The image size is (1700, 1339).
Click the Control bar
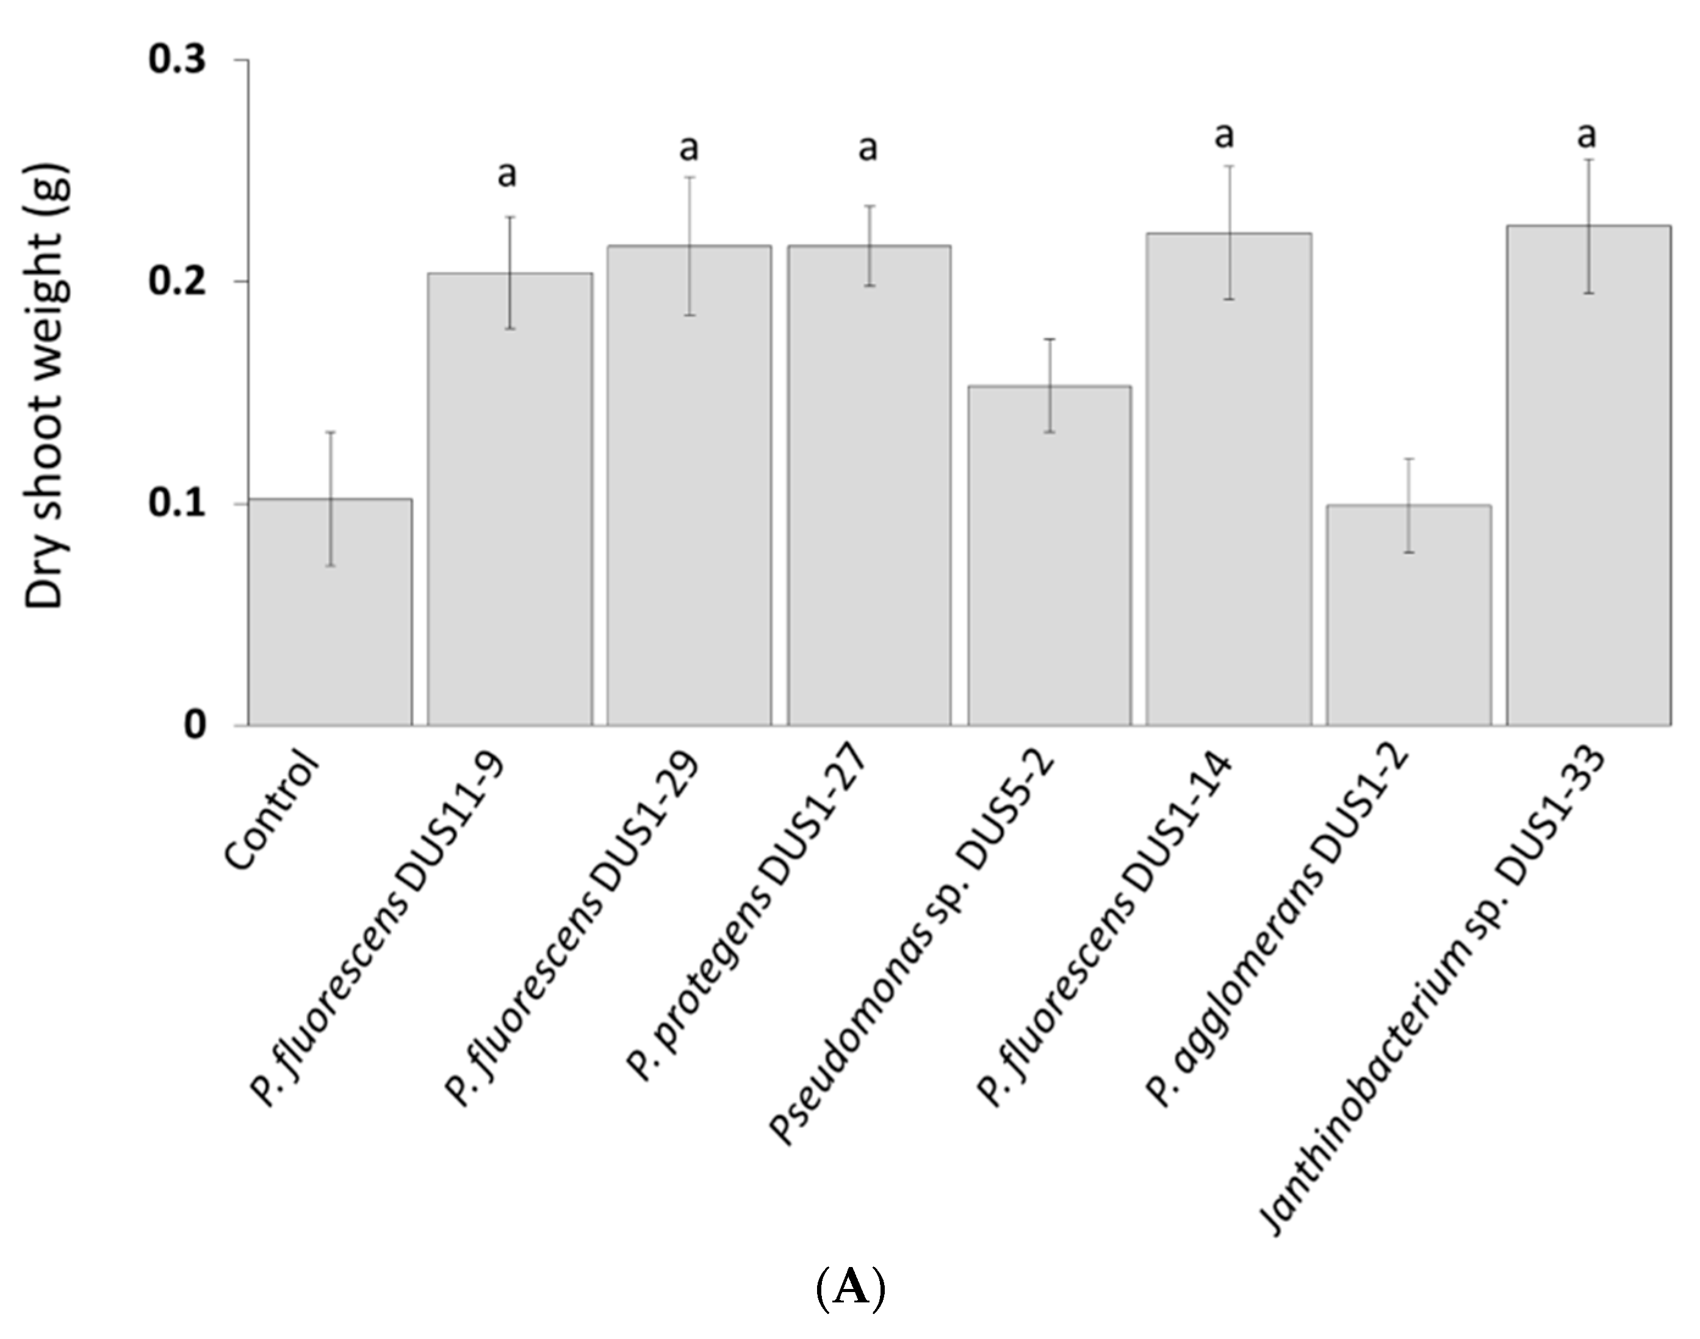pos(330,611)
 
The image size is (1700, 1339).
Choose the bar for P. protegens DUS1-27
pos(869,486)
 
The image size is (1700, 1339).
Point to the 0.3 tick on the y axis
pos(178,60)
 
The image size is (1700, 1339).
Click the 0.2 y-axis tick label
pos(178,281)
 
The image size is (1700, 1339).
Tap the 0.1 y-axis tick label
pos(178,503)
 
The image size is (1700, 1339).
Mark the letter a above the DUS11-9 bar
pos(507,174)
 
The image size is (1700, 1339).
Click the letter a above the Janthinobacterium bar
pos(1587,135)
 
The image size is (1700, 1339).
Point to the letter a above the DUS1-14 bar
pos(1224,135)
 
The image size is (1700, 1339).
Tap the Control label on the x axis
pos(273,811)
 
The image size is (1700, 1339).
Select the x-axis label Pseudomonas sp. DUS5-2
pos(913,946)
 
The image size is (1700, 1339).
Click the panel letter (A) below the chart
pos(850,1287)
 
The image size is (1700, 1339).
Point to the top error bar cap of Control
pos(331,432)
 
